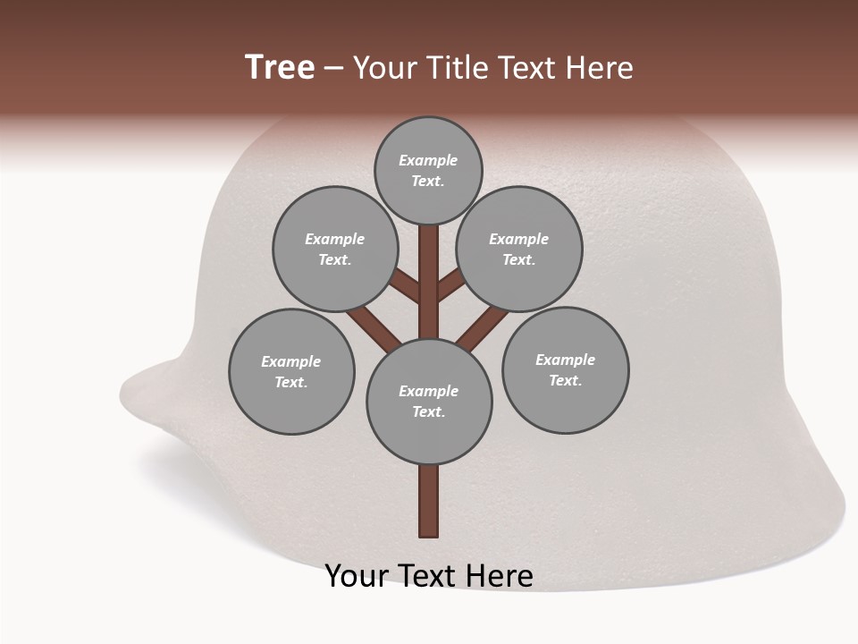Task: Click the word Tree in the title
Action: [280, 67]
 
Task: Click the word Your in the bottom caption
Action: [357, 576]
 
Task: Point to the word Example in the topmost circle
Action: [428, 160]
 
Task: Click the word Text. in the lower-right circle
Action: [565, 380]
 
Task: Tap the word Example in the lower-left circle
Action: [290, 361]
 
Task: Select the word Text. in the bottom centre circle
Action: [428, 411]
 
